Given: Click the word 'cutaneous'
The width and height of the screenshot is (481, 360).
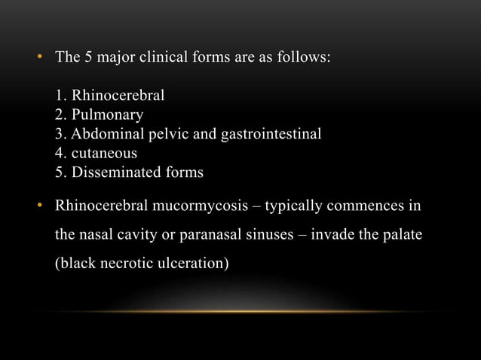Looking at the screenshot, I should point(104,154).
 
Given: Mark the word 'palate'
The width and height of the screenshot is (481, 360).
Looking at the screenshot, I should point(401,236).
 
